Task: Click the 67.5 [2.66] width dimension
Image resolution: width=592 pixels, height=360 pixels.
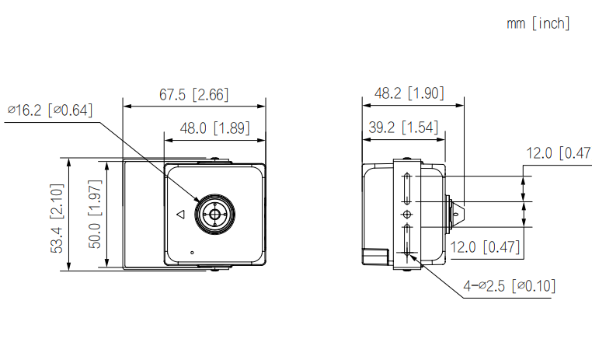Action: pyautogui.click(x=193, y=95)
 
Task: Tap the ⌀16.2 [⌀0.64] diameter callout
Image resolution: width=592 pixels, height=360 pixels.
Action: pyautogui.click(x=50, y=110)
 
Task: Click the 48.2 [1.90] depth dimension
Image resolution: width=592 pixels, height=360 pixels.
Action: pyautogui.click(x=409, y=93)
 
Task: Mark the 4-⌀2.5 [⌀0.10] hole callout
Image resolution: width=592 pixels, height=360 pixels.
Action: pyautogui.click(x=509, y=286)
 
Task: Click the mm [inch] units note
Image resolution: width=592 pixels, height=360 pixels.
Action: pyautogui.click(x=538, y=24)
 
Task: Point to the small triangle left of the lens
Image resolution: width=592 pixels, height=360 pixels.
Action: pyautogui.click(x=179, y=214)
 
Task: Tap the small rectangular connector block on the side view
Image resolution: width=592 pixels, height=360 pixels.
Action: pyautogui.click(x=377, y=256)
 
